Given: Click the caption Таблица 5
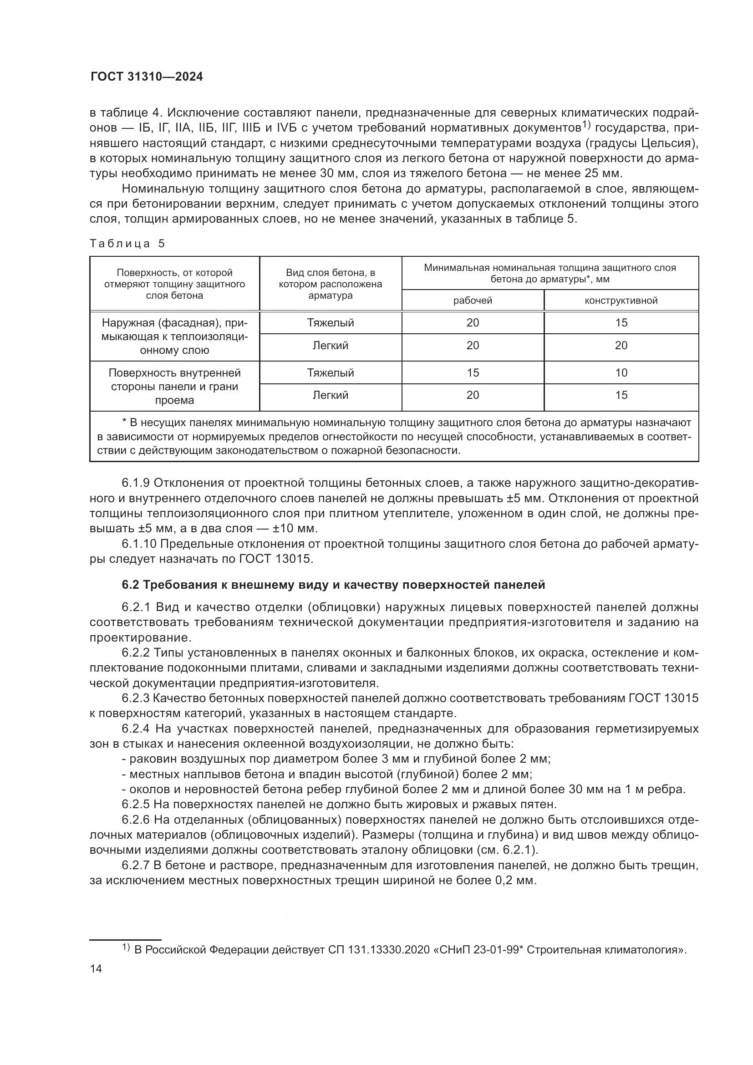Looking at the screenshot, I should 127,244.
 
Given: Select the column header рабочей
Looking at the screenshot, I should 473,301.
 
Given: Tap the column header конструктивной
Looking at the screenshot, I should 621,301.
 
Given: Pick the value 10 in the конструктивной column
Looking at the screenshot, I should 621,372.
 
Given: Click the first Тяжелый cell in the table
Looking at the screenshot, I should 330,323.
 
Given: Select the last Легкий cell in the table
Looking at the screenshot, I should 330,395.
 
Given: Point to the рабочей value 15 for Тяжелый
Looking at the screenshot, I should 473,372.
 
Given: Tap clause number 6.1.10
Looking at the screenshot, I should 139,544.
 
